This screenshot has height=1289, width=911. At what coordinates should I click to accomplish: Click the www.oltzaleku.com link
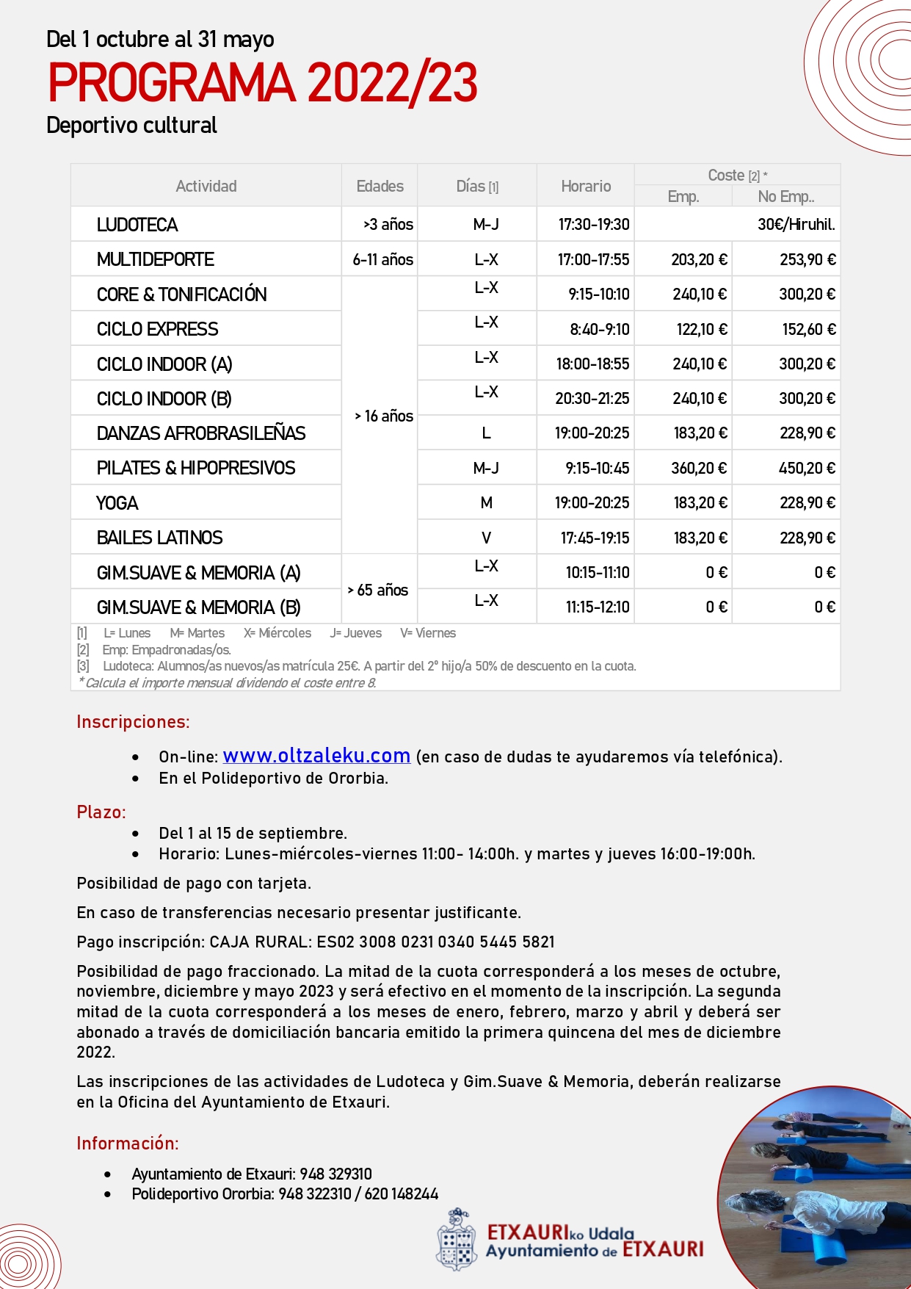316,756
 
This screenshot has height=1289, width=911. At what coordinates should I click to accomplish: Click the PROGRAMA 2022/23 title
263,82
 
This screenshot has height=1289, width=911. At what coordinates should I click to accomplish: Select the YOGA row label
117,503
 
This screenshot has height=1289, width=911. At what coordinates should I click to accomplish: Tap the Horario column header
586,187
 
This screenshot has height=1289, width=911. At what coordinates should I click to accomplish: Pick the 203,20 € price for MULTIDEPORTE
699,260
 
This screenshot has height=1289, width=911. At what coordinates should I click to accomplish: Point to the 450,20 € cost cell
807,469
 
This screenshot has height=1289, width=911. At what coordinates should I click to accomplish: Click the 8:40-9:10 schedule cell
600,330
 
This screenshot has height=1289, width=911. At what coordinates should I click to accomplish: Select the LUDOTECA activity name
137,225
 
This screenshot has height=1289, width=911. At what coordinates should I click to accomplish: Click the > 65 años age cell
378,590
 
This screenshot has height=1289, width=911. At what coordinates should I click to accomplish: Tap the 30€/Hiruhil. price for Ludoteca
796,225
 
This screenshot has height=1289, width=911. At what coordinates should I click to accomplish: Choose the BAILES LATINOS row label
160,538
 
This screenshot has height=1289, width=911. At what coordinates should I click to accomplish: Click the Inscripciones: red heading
133,722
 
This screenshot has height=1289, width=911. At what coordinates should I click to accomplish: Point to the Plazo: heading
101,812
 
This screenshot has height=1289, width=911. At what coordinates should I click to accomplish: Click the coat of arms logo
456,1240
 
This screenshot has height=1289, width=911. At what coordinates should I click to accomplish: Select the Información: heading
128,1144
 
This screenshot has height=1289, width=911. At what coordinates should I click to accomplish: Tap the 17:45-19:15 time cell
595,538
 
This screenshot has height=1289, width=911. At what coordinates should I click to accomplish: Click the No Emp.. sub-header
785,197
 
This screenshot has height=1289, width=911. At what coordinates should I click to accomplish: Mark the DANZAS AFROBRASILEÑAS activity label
201,433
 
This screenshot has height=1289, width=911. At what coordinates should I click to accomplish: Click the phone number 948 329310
335,1174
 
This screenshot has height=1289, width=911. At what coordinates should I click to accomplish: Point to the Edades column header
380,187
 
